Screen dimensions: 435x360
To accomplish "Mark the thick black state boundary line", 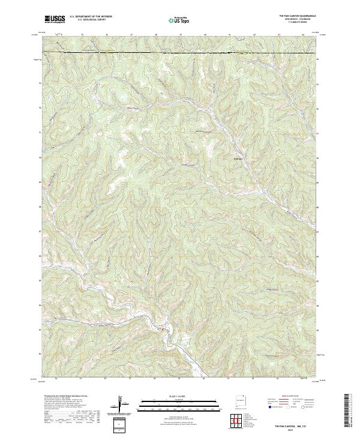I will click(x=180, y=54).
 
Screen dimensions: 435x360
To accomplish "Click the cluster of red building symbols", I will click(x=160, y=329).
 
